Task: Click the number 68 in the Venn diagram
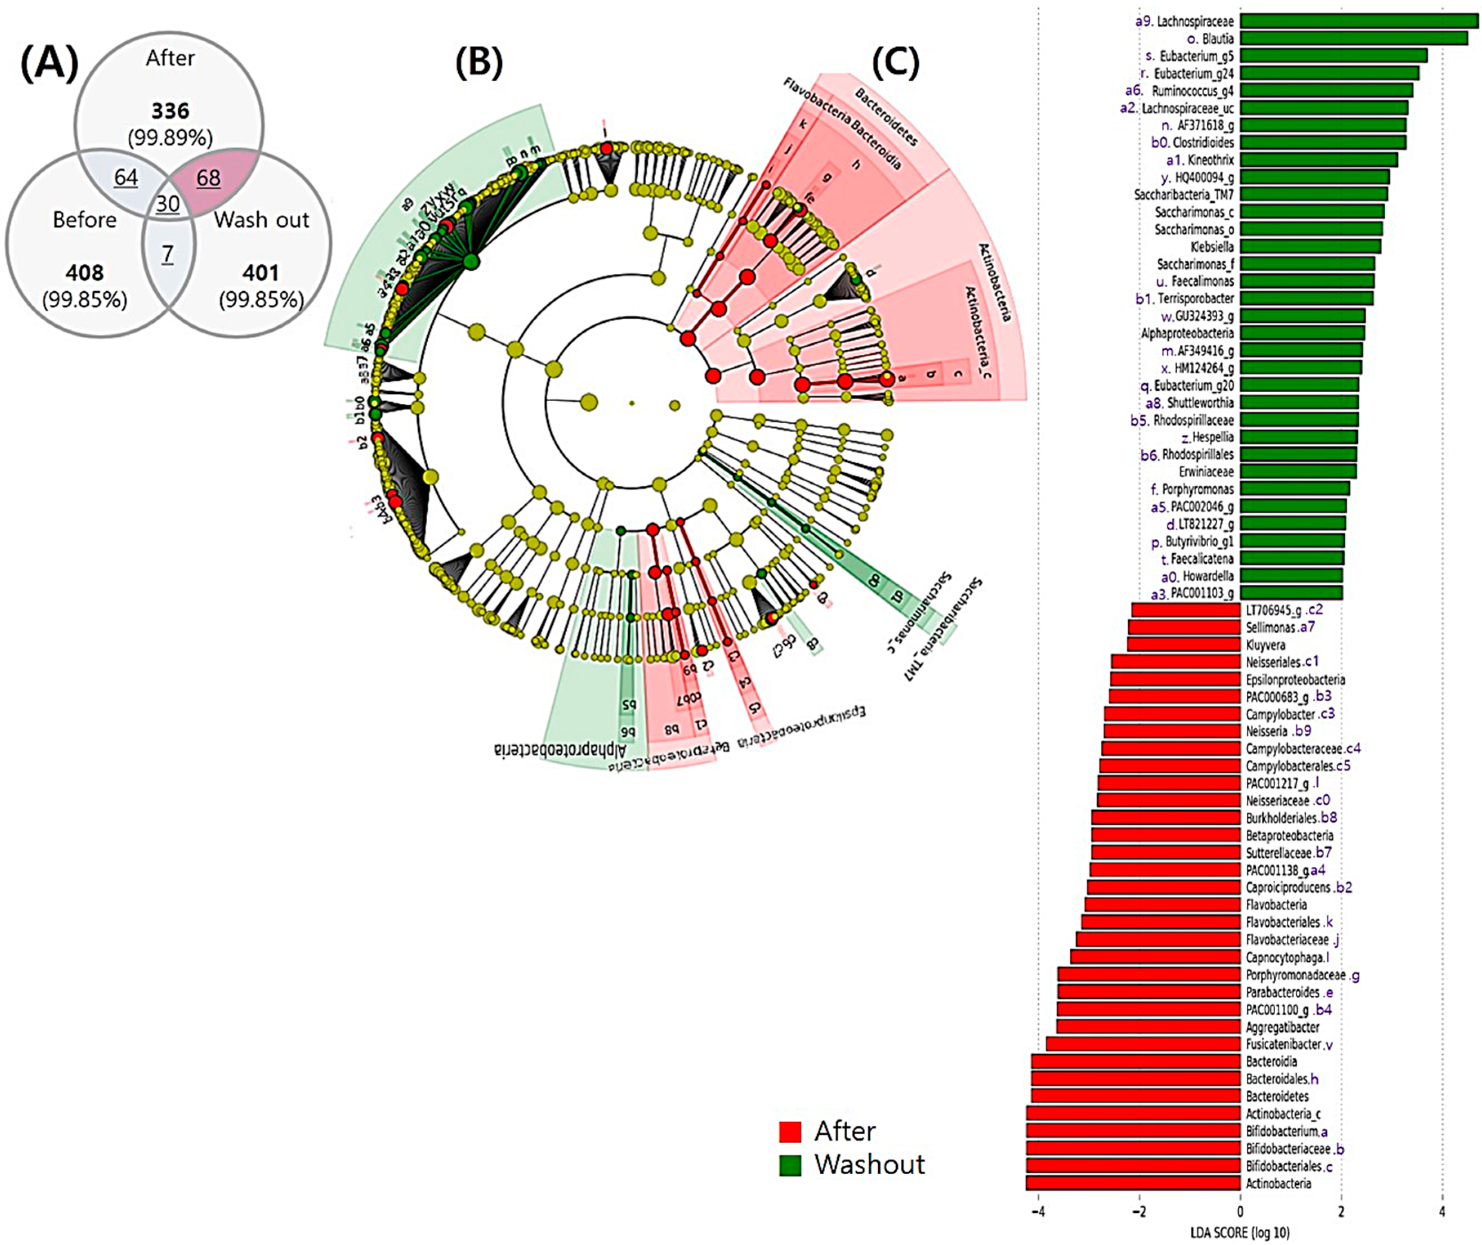pyautogui.click(x=208, y=177)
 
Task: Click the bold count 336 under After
pyautogui.click(x=170, y=111)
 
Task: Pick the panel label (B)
pyautogui.click(x=479, y=63)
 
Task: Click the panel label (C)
pyautogui.click(x=896, y=63)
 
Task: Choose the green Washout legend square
pyautogui.click(x=790, y=1165)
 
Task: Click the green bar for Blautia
pyautogui.click(x=1354, y=38)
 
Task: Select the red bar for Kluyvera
pyautogui.click(x=1183, y=644)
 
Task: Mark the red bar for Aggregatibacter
pyautogui.click(x=1148, y=1026)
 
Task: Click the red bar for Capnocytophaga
pyautogui.click(x=1155, y=957)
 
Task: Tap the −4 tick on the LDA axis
pyautogui.click(x=1038, y=1213)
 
